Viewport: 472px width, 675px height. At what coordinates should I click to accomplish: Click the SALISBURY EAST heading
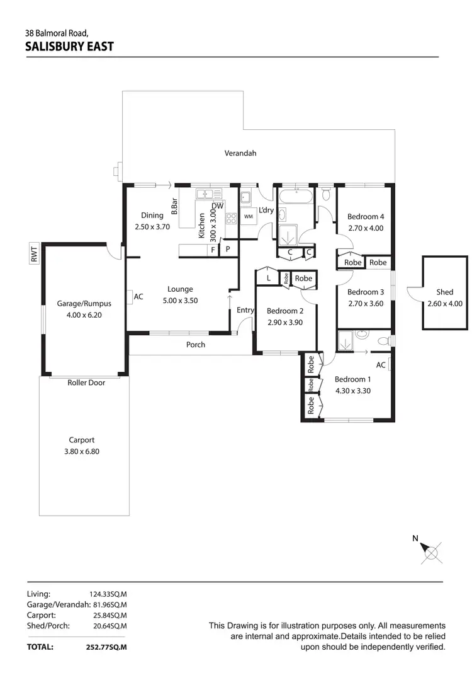(x=69, y=46)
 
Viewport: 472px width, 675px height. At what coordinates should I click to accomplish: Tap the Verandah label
(x=240, y=153)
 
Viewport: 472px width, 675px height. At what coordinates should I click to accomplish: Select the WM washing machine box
(x=249, y=217)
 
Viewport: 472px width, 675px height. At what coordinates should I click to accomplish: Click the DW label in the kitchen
(x=218, y=206)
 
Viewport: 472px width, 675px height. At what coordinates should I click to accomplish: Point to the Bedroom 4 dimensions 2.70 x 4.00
(x=366, y=228)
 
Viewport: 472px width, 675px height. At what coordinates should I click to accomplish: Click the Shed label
(x=444, y=292)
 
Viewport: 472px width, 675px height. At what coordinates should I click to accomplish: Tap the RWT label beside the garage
(x=35, y=255)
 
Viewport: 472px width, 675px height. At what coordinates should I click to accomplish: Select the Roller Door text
(x=86, y=383)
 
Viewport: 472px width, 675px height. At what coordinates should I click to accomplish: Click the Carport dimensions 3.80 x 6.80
(x=82, y=451)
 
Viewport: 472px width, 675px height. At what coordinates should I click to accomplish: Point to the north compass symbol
(x=431, y=552)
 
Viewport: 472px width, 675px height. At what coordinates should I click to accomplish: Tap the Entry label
(x=245, y=310)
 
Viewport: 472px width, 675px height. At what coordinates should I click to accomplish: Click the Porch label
(x=196, y=345)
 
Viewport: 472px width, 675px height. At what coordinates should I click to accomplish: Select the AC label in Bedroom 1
(x=381, y=365)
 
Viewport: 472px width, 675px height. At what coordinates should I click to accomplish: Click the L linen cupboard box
(x=268, y=278)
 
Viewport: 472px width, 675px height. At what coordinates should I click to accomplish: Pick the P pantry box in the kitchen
(x=228, y=250)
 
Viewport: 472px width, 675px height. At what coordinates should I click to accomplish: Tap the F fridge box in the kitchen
(x=213, y=250)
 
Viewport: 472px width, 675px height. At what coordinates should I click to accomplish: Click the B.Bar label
(x=174, y=207)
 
